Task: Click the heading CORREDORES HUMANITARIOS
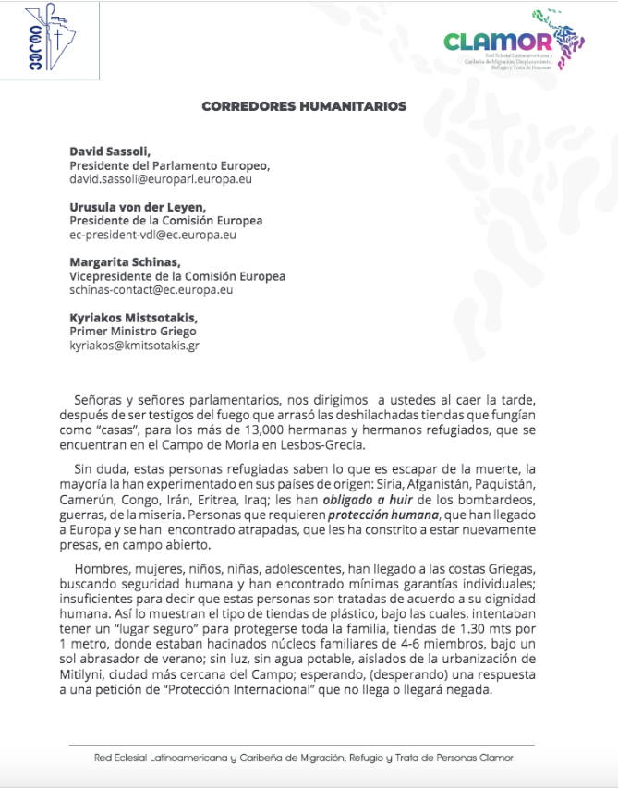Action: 304,106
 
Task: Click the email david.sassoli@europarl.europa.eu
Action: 161,178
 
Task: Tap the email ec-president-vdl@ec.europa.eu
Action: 152,235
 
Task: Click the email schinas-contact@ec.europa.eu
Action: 151,290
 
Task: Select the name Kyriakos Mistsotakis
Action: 129,318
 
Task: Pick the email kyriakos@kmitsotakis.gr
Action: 134,346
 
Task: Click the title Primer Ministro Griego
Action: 133,332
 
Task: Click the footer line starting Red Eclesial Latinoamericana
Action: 303,758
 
